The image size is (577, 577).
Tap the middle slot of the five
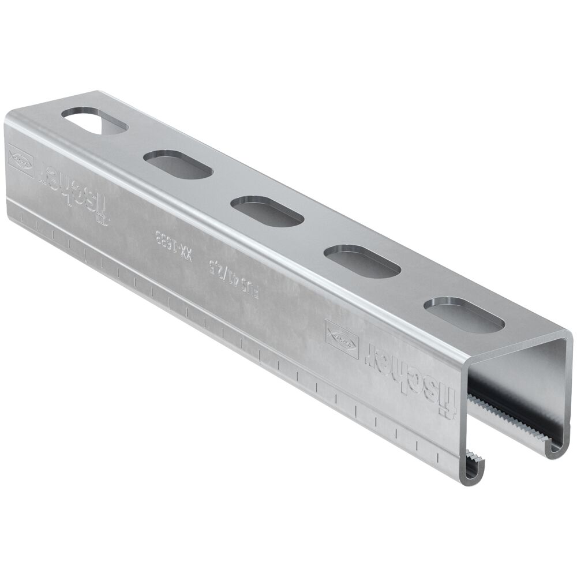point(267,210)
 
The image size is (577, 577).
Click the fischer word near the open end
point(410,376)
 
